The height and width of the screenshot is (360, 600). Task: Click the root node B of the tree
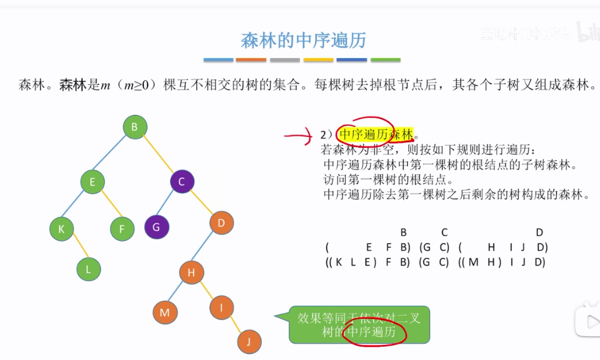pyautogui.click(x=134, y=127)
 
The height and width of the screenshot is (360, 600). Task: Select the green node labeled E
pyautogui.click(x=92, y=182)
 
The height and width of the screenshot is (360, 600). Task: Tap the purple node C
pyautogui.click(x=182, y=182)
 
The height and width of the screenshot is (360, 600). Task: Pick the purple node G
pyautogui.click(x=157, y=227)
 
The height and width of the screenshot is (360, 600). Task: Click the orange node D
pyautogui.click(x=222, y=224)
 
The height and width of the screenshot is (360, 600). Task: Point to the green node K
pyautogui.click(x=62, y=228)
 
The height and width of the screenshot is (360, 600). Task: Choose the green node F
pyautogui.click(x=122, y=228)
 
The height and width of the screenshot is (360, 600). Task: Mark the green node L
pyautogui.click(x=88, y=269)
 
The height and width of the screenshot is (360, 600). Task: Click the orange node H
pyautogui.click(x=191, y=273)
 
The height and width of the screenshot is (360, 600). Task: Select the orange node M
pyautogui.click(x=165, y=312)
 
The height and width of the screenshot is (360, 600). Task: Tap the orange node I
pyautogui.click(x=222, y=307)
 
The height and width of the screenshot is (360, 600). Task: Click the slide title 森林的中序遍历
pyautogui.click(x=303, y=41)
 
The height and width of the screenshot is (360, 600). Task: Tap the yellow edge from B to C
pyautogui.click(x=158, y=154)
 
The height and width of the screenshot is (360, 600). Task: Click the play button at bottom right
pyautogui.click(x=589, y=322)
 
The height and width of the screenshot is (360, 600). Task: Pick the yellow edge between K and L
pyautogui.click(x=75, y=249)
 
